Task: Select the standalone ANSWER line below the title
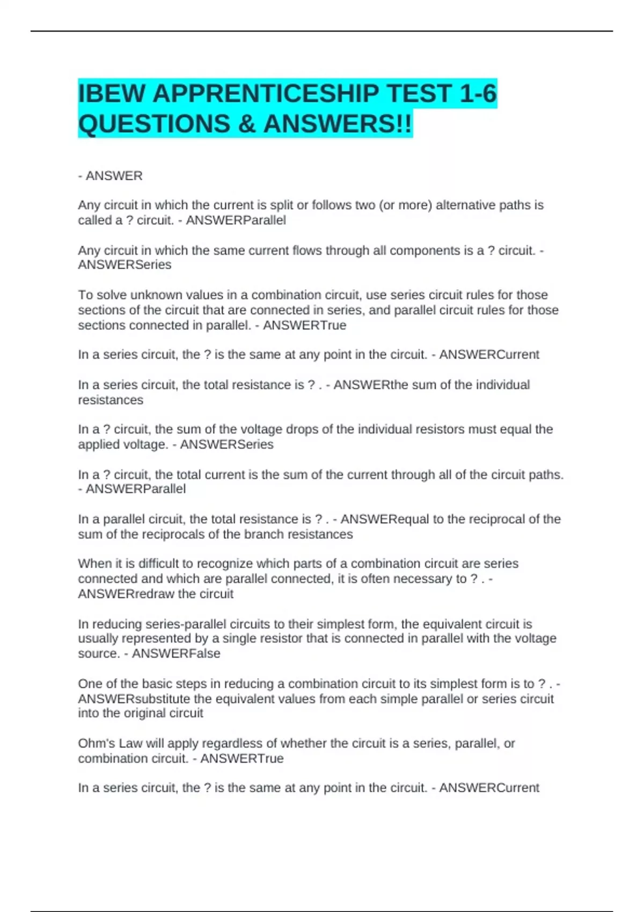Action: pyautogui.click(x=114, y=176)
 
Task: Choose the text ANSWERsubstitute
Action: pyautogui.click(x=134, y=699)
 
